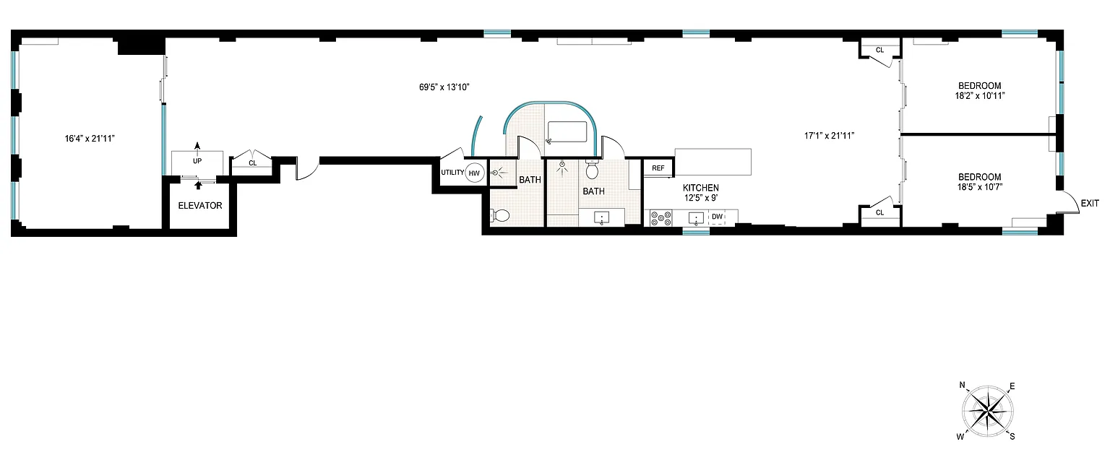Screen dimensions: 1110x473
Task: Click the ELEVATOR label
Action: point(199,206)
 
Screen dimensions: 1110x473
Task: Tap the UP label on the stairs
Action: point(197,161)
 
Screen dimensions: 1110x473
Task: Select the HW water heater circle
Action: point(474,173)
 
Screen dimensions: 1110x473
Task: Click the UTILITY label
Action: point(452,173)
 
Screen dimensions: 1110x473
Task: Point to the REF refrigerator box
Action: point(658,168)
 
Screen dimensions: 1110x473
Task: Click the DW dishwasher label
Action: point(717,217)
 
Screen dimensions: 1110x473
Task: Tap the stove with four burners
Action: point(661,218)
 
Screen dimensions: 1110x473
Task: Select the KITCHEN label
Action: point(701,188)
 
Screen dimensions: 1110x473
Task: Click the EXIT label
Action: point(1090,203)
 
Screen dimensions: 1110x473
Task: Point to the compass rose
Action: point(987,412)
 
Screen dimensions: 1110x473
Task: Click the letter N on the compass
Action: point(963,385)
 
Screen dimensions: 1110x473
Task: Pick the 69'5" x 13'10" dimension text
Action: point(444,87)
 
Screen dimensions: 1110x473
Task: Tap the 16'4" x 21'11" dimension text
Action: point(90,139)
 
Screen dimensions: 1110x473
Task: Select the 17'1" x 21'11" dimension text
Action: point(829,136)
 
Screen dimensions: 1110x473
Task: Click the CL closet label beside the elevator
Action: point(253,163)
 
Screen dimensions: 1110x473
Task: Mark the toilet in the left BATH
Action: point(500,215)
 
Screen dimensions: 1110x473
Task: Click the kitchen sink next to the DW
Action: point(696,218)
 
